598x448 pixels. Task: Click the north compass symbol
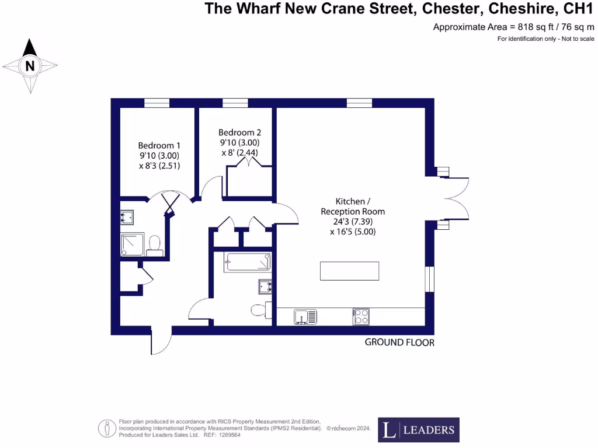pyautogui.click(x=30, y=66)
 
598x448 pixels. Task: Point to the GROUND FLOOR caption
pyautogui.click(x=399, y=342)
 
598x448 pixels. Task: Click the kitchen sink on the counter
pyautogui.click(x=305, y=317)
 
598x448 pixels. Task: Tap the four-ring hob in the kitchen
pyautogui.click(x=361, y=317)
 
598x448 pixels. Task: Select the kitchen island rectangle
pyautogui.click(x=350, y=271)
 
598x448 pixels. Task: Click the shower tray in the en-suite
pyautogui.click(x=132, y=244)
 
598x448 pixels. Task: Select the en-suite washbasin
pyautogui.click(x=127, y=218)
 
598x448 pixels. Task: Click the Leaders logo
pyautogui.click(x=419, y=430)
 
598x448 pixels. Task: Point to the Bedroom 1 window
pyautogui.click(x=157, y=103)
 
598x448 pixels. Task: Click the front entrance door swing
pyautogui.click(x=161, y=341)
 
